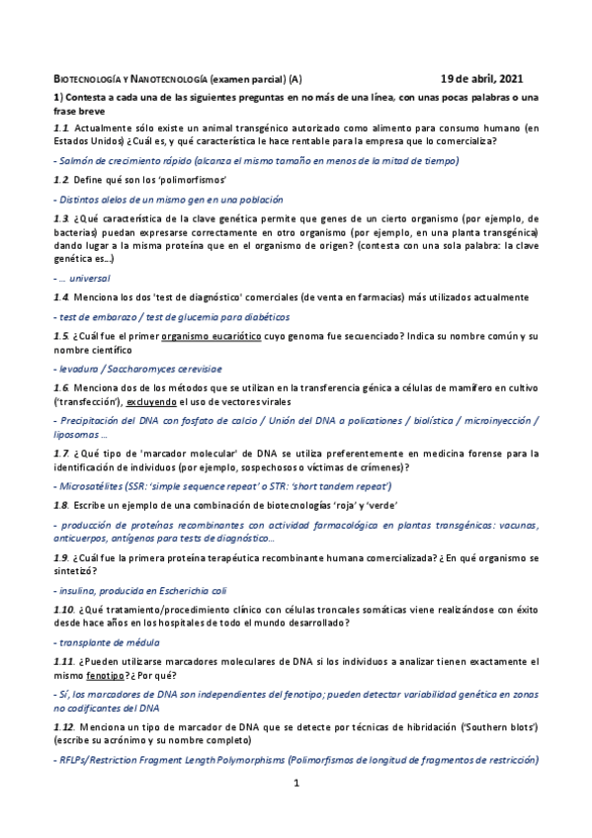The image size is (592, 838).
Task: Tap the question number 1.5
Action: tap(60, 335)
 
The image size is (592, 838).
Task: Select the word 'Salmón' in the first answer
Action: tap(75, 159)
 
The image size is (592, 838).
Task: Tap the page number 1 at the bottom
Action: tap(295, 784)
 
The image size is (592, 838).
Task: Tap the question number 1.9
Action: tap(60, 558)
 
